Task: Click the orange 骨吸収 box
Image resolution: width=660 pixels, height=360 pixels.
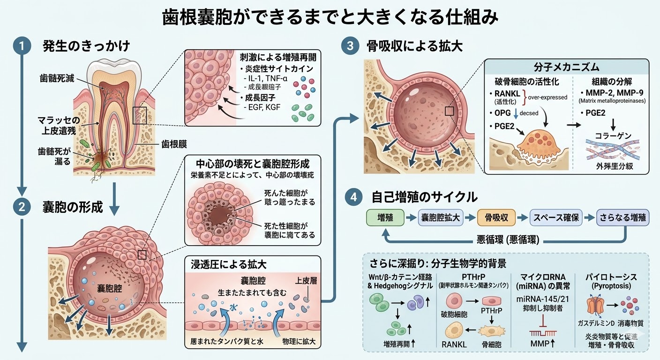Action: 496,217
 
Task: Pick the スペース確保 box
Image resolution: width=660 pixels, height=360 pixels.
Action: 555,217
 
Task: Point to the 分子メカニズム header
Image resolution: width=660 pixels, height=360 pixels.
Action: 566,67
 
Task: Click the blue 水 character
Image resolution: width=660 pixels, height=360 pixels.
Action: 233,308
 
